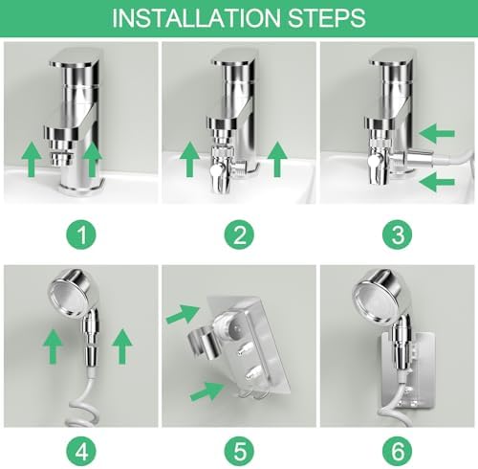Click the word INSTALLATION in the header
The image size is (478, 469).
196,18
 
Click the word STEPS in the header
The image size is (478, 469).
327,18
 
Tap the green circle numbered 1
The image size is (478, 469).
81,234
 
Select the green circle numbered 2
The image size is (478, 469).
239,234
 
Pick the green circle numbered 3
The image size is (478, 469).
398,234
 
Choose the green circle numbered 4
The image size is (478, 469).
81,452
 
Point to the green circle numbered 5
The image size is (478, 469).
239,452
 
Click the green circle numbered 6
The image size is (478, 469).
398,452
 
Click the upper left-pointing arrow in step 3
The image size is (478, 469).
437,133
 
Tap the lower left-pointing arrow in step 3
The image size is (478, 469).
437,182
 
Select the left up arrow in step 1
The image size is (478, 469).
32,159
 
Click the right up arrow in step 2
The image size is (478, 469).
277,159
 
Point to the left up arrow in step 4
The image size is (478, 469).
53,346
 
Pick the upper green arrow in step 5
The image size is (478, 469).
184,314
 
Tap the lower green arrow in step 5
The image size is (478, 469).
207,391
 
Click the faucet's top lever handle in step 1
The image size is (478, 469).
75,58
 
